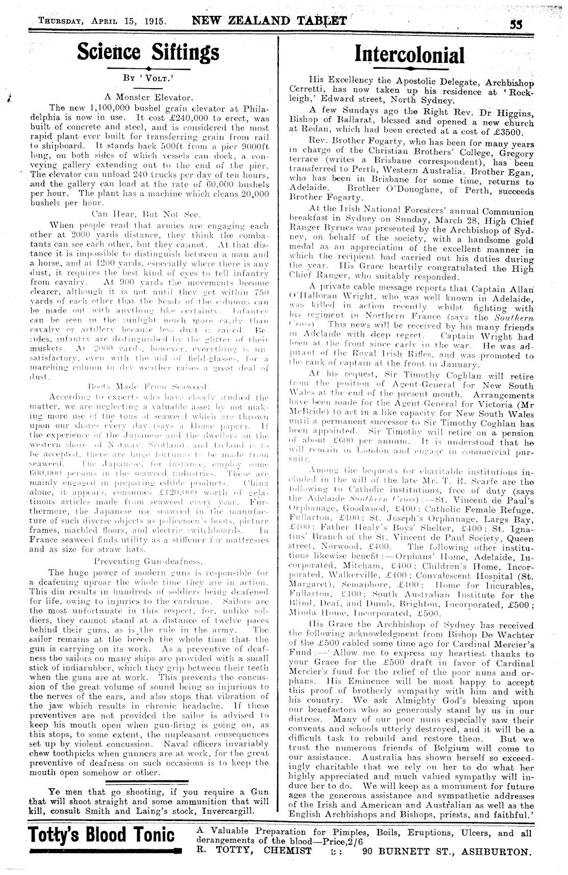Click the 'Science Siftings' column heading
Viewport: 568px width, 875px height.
(x=148, y=52)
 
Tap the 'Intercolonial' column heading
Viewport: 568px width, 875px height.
(x=409, y=55)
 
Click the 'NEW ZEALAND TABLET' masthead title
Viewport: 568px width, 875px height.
(x=269, y=21)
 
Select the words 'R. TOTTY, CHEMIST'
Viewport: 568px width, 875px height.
(x=254, y=851)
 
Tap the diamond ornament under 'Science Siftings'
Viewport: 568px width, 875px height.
(x=148, y=68)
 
